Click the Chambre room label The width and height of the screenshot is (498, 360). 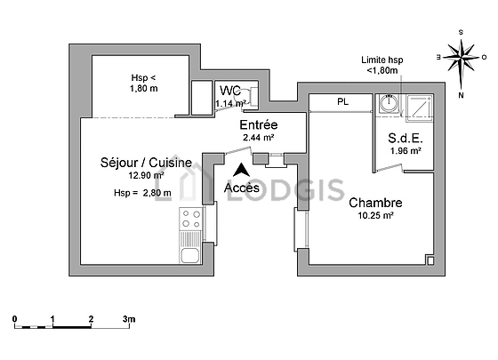coord(375,203)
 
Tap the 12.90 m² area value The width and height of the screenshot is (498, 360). coord(146,175)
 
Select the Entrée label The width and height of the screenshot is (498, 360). coord(259,124)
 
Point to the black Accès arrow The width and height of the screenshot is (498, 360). coord(241,170)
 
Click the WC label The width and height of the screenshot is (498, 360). coord(230,91)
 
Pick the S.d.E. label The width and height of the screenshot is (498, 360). coord(406,138)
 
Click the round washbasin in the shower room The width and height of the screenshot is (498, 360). coord(390,103)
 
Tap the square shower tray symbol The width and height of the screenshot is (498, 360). coord(419,108)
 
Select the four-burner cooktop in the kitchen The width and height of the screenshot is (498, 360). coord(191,219)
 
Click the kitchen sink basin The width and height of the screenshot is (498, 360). coord(190,256)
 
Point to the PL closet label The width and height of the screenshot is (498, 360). coord(342,102)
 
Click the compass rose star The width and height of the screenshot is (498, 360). coord(462,58)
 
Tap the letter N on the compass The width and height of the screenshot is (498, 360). coord(461,95)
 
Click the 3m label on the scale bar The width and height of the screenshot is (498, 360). coord(129,319)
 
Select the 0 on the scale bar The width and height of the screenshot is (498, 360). coord(14,319)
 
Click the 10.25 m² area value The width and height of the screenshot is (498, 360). coord(375,215)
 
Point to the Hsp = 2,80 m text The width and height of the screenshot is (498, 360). coord(142,193)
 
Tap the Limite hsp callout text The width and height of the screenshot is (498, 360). coord(382,65)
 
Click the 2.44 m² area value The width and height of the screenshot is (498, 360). coord(259,138)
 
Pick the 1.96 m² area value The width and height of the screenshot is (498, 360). coord(406,150)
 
